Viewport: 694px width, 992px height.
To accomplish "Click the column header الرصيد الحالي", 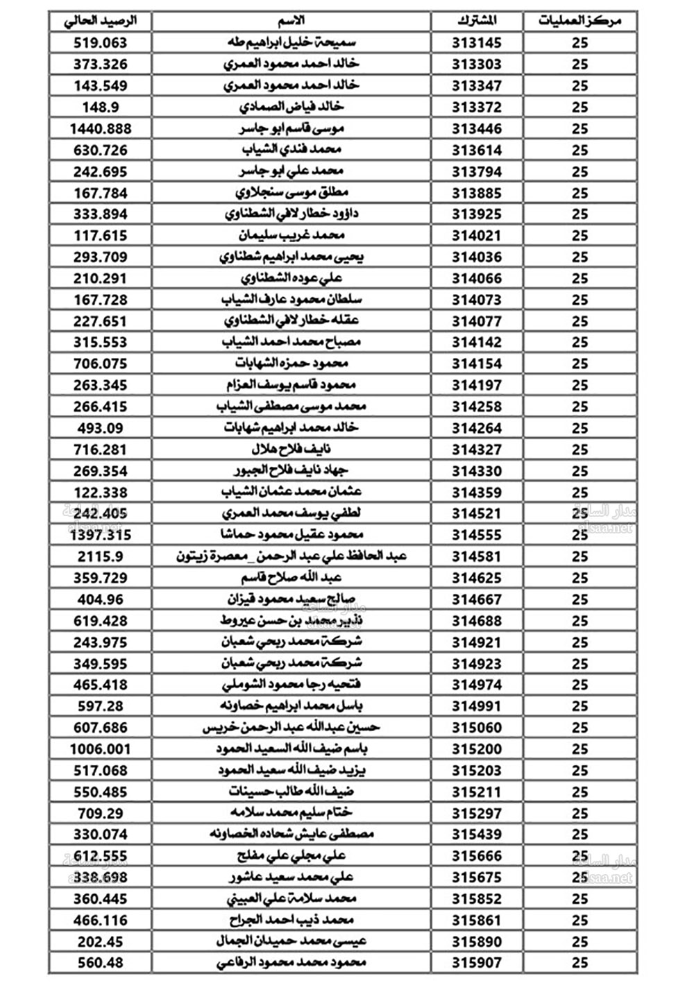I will point(101,21).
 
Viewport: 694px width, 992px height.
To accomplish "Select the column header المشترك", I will point(477,21).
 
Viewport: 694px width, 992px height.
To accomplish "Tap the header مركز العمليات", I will point(579,21).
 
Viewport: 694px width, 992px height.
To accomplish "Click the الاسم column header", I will point(291,21).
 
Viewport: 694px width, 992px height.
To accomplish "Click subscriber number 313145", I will point(477,43).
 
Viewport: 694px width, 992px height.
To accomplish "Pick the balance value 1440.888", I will point(101,129).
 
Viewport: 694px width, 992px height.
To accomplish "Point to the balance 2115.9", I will point(101,556).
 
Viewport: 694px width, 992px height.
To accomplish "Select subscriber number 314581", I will point(477,556).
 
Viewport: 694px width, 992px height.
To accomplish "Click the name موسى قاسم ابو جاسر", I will point(291,129).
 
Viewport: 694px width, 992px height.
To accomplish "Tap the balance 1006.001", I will point(101,749).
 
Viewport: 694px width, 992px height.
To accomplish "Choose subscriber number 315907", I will point(477,963).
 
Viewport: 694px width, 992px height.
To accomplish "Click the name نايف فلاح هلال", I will point(291,450).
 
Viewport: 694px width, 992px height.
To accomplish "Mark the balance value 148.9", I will point(101,108).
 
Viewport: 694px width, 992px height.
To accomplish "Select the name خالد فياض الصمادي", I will point(291,108).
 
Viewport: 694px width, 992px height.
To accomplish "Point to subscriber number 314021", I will point(477,236).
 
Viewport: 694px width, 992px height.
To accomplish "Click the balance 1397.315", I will point(101,535).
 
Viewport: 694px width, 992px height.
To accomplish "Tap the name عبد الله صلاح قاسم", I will point(291,578).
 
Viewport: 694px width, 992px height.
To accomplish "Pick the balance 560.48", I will point(101,963).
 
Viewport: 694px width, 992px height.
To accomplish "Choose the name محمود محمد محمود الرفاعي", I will point(291,963).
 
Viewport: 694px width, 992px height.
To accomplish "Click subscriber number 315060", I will point(477,728).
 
